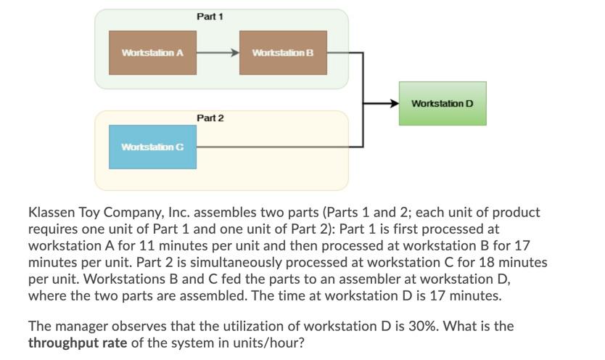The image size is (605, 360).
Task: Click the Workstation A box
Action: pyautogui.click(x=152, y=53)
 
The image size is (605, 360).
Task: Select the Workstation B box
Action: pyautogui.click(x=283, y=53)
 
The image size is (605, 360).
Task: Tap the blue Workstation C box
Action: pyautogui.click(x=152, y=147)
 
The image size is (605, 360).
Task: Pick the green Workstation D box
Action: pyautogui.click(x=443, y=103)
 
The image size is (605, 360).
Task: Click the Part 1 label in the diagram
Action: pyautogui.click(x=210, y=16)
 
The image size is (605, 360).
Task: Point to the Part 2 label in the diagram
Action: pyautogui.click(x=210, y=118)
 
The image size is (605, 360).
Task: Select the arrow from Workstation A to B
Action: pyautogui.click(x=218, y=53)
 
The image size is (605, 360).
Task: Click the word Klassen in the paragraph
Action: pyautogui.click(x=52, y=213)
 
